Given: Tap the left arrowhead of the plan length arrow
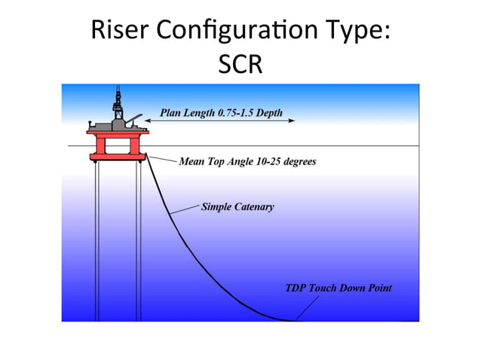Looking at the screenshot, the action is pos(148,119).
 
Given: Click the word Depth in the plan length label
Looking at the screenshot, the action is pos(269,114).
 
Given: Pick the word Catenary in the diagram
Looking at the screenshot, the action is pos(254,206).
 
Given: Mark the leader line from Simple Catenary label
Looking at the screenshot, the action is pos(185,210).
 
